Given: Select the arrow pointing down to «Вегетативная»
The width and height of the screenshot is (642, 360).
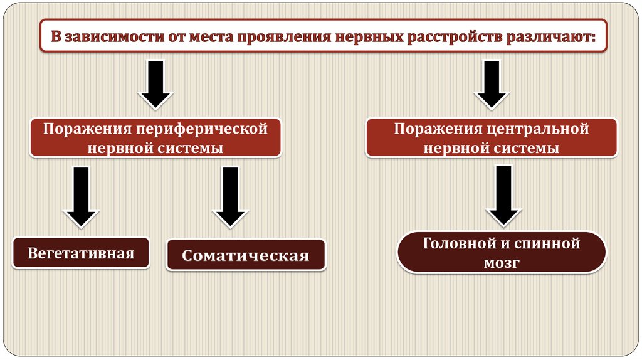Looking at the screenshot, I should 80,196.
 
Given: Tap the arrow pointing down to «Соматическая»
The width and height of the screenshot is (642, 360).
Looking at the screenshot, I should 229,196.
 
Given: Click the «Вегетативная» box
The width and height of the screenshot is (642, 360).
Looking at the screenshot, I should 81,253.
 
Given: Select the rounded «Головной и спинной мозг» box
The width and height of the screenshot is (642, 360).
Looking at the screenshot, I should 502,252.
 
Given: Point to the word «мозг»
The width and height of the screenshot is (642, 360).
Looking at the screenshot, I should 502,263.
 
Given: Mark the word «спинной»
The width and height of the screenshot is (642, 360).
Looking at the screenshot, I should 548,243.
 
